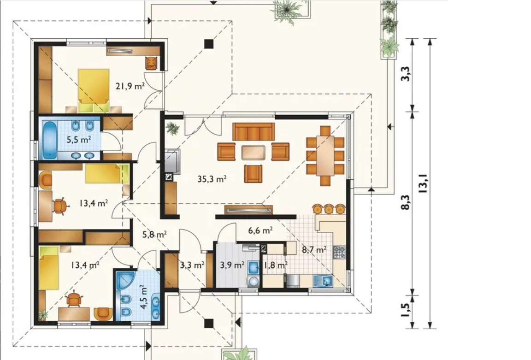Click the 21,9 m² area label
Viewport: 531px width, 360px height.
click(130, 86)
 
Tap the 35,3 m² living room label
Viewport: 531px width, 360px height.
click(212, 179)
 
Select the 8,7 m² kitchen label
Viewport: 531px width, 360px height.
click(314, 250)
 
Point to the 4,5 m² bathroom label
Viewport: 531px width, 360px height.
click(145, 297)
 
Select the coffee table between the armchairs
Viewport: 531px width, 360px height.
click(254, 152)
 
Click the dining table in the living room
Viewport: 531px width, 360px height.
click(325, 155)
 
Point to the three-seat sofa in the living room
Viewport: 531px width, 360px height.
click(254, 131)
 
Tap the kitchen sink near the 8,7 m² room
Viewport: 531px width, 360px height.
click(323, 281)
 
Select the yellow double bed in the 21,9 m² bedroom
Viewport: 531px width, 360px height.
click(94, 90)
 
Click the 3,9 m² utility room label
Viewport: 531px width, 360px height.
click(232, 265)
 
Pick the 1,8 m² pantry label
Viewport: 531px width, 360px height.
click(276, 265)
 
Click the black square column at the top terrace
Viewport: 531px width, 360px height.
click(209, 43)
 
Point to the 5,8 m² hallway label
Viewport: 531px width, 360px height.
click(154, 234)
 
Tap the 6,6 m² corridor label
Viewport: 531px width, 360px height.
click(260, 230)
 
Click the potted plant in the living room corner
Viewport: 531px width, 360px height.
click(173, 128)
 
